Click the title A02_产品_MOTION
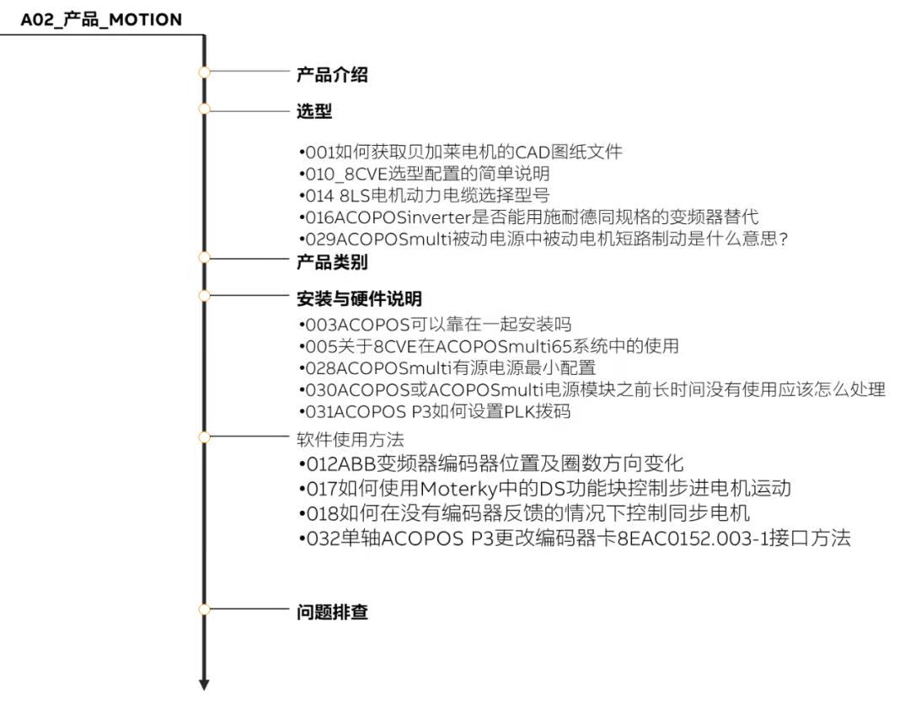[101, 19]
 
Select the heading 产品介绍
[332, 74]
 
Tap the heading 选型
[314, 111]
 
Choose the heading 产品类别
[332, 262]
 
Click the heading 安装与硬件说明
[359, 298]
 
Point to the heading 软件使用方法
[350, 439]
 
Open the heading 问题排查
[332, 612]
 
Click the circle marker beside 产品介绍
[204, 72]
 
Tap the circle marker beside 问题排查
[204, 609]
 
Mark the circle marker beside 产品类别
[204, 257]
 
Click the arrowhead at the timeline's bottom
[204, 684]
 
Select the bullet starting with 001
[461, 153]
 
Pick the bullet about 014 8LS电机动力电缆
[424, 196]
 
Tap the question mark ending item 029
[784, 238]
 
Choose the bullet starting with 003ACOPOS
[436, 324]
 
